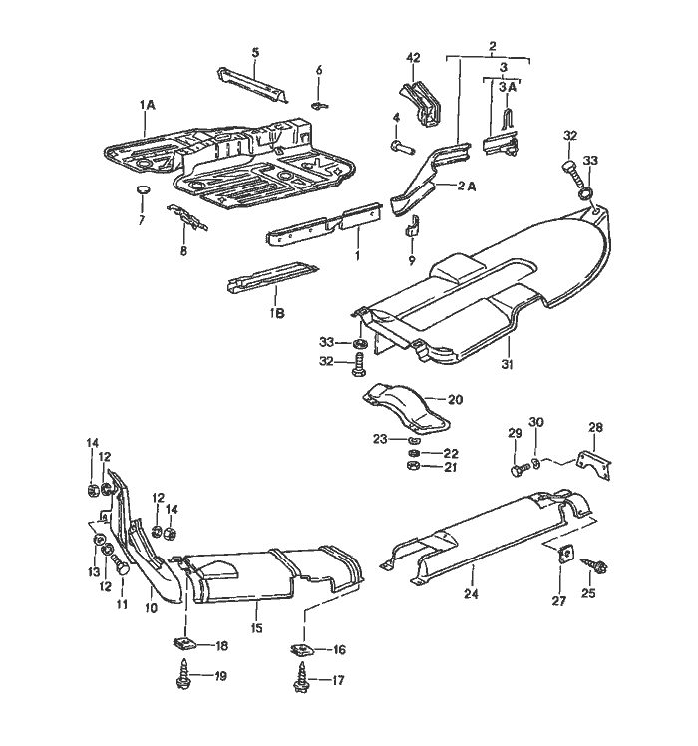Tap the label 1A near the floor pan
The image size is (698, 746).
pos(147,104)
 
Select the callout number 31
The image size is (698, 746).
pos(506,365)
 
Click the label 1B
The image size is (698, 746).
pos(275,313)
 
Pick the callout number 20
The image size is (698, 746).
pos(454,399)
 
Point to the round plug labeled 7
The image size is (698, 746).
pos(141,188)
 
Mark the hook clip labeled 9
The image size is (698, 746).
pos(414,235)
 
